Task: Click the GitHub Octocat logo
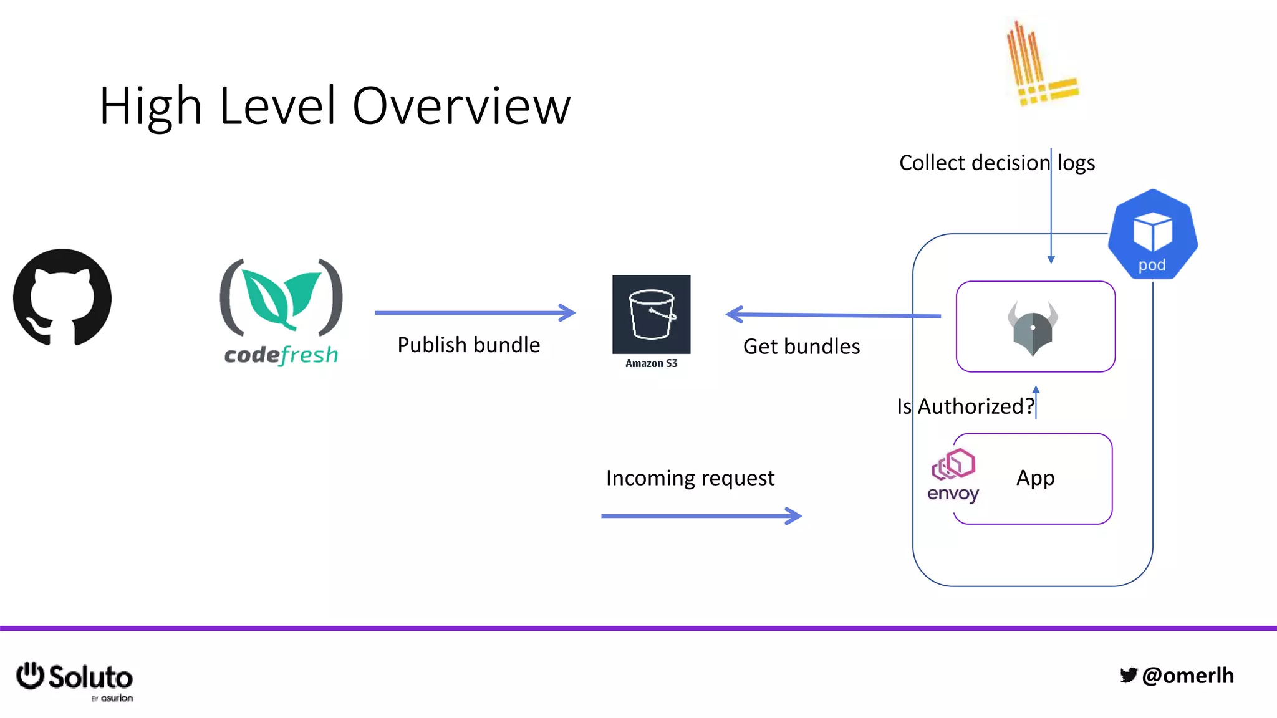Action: (x=62, y=297)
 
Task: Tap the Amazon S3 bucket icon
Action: (x=651, y=314)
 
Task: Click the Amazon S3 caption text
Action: (x=651, y=363)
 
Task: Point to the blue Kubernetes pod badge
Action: (x=1152, y=234)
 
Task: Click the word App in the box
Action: (x=1035, y=478)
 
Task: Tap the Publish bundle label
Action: (x=468, y=345)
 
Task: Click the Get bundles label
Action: (x=801, y=347)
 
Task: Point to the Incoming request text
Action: (x=690, y=478)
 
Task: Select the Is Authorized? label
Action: (x=965, y=406)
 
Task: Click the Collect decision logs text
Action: (x=996, y=163)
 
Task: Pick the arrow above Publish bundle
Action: (x=475, y=313)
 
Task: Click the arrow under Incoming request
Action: (x=701, y=516)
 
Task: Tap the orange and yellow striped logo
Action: (x=1041, y=65)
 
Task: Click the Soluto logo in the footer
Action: (x=75, y=679)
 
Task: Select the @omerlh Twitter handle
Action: (x=1188, y=676)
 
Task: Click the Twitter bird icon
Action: (x=1129, y=675)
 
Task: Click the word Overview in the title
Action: (x=461, y=106)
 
